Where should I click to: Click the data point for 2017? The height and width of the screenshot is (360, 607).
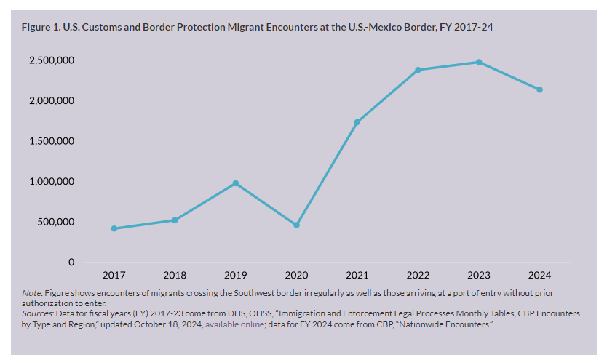coord(114,228)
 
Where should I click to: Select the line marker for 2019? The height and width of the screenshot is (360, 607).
coord(236,183)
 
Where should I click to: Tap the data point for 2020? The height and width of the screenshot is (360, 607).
coord(296,225)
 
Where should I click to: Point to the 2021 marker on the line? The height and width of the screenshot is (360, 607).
coord(357,122)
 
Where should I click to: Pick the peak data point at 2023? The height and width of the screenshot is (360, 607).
coord(479,62)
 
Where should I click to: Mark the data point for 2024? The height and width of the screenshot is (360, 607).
coord(539,89)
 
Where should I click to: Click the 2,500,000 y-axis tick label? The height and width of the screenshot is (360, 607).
coord(52,60)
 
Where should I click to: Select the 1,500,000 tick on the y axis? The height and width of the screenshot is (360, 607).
coord(52,141)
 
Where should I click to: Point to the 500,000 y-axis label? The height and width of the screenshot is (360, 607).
coord(56,222)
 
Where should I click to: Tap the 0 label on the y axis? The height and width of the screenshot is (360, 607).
coord(71,262)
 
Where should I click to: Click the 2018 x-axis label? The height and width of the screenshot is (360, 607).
coord(175,276)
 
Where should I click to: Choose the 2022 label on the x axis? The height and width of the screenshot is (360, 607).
coord(418,276)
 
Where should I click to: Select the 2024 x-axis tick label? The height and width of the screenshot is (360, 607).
coord(539,276)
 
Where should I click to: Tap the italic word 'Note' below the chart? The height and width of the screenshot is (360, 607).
coord(31,293)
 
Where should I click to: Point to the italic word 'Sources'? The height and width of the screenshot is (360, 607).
coord(36,313)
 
